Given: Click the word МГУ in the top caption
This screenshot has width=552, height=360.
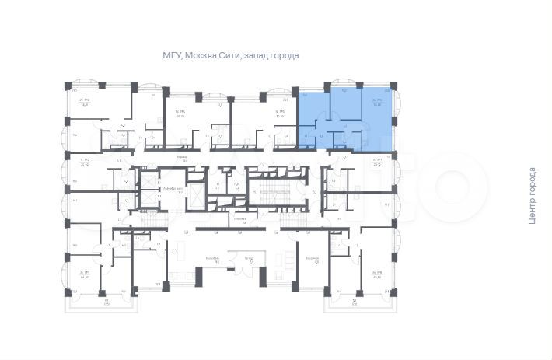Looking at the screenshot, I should click(x=172, y=56).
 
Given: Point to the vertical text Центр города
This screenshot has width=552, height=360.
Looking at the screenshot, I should click(x=532, y=196).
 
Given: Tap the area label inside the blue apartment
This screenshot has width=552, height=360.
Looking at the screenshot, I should click(x=377, y=103).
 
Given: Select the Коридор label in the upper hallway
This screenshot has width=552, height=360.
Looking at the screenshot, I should click(x=181, y=157).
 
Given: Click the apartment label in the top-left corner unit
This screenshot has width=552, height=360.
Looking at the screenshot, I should click(x=83, y=103).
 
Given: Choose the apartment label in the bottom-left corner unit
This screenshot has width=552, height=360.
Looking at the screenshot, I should click(x=83, y=274).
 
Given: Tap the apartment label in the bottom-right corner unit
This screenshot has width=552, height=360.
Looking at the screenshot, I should click(x=378, y=274).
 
